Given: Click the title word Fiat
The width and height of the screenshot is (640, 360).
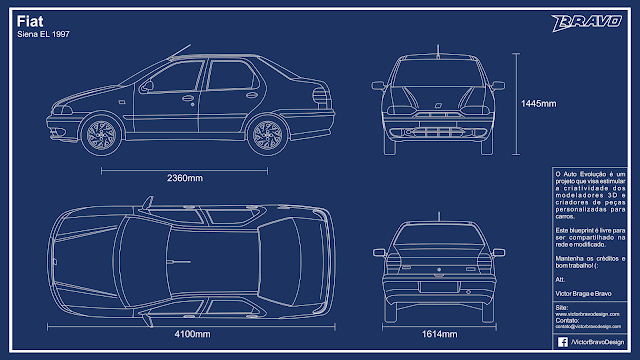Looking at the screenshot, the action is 30,19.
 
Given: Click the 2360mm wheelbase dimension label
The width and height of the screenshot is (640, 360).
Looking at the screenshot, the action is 184,178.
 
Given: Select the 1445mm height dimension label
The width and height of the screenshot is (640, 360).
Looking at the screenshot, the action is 537,103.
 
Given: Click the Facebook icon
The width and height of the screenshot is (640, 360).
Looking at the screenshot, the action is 561,341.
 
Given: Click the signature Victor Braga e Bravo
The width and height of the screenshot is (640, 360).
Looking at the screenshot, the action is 585,293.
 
